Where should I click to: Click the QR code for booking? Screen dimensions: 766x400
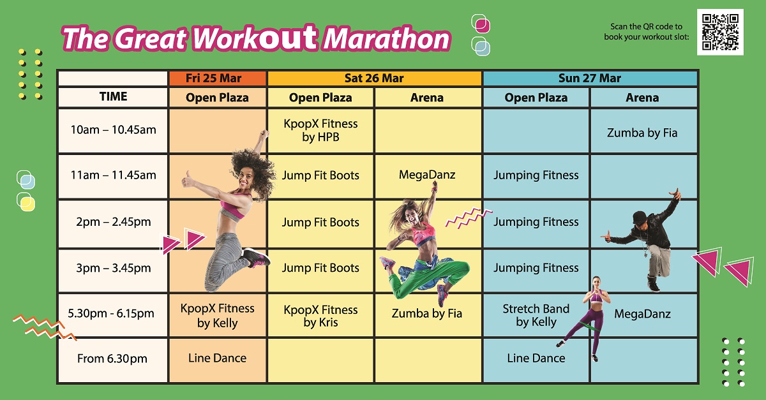[720, 32]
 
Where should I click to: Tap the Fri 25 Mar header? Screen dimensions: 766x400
[218, 78]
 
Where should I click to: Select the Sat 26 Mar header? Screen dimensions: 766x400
[375, 78]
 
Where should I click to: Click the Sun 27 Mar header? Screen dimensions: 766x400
[590, 78]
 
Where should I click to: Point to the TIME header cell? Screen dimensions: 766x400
[113, 97]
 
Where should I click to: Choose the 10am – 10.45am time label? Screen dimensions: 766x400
[113, 130]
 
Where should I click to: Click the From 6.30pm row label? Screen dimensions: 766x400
[112, 359]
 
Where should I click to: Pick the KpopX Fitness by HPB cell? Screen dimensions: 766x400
[320, 130]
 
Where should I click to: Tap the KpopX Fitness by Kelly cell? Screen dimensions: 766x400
[218, 315]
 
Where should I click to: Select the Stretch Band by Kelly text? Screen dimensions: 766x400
[536, 315]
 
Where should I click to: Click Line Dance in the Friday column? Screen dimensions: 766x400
[218, 358]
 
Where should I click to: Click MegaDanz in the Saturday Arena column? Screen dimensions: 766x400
[427, 175]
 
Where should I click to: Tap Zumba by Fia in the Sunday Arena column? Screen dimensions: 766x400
[642, 133]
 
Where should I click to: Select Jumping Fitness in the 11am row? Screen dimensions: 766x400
[536, 175]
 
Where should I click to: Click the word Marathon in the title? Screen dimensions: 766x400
[387, 39]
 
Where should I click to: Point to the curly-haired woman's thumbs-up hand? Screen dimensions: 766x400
[188, 179]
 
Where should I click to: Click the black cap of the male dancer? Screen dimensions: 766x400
[639, 217]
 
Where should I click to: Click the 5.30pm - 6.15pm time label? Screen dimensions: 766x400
[111, 313]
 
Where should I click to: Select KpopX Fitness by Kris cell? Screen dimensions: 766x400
[320, 315]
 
